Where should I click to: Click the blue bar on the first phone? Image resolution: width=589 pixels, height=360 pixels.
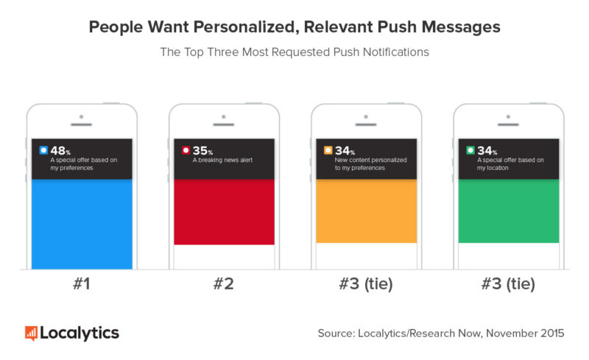pos(82,224)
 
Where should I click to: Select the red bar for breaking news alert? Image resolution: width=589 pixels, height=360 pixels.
pos(224,212)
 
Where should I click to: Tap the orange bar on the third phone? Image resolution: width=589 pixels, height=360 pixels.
pos(366,211)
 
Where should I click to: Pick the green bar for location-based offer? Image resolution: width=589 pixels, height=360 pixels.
pos(508,211)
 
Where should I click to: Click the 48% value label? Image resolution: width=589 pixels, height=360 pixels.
pos(58,151)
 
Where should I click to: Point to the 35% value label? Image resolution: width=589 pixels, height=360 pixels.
pos(200,151)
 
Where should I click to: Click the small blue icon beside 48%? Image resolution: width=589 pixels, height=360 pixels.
pos(43,151)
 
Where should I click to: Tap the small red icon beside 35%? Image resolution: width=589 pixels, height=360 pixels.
pos(186,151)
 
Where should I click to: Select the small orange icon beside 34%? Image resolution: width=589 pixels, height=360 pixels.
pos(328,151)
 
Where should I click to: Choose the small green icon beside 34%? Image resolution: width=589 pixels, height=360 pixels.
pos(470,151)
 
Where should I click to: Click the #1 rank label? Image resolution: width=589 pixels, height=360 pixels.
pos(82,284)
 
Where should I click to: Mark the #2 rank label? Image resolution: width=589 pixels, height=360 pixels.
pos(224,284)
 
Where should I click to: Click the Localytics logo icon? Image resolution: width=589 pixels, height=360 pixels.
pos(31,333)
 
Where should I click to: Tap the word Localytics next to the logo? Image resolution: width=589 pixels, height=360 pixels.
pos(79,333)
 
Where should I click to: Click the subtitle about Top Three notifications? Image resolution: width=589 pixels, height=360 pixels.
pos(294,52)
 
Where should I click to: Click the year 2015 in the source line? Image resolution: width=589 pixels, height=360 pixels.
pos(549,333)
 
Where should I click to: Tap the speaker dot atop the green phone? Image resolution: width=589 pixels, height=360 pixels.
pos(508,116)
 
